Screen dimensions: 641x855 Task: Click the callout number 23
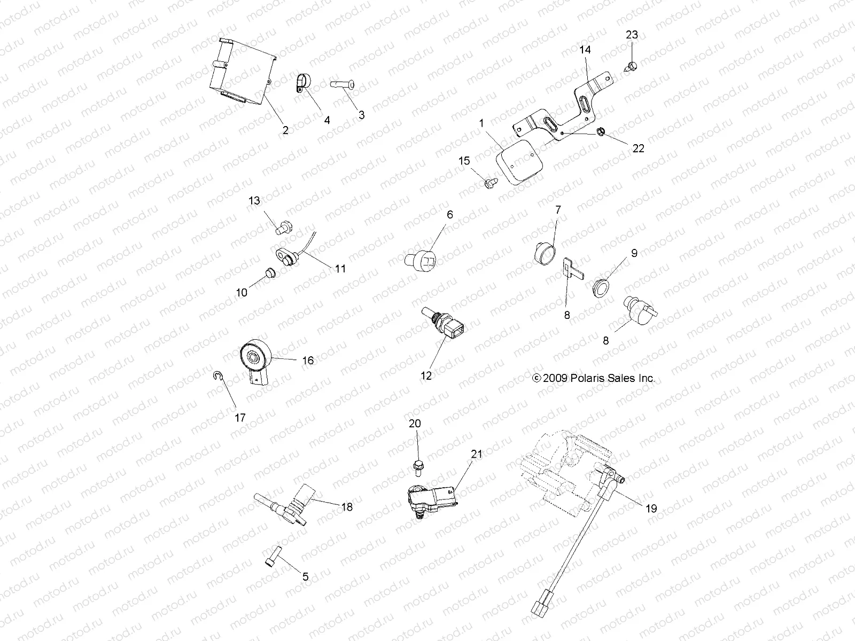[632, 35]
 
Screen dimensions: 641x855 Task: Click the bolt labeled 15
[488, 183]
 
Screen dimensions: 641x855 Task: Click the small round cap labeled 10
[270, 274]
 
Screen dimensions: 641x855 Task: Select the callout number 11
[340, 269]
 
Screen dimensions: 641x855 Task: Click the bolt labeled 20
[417, 467]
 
